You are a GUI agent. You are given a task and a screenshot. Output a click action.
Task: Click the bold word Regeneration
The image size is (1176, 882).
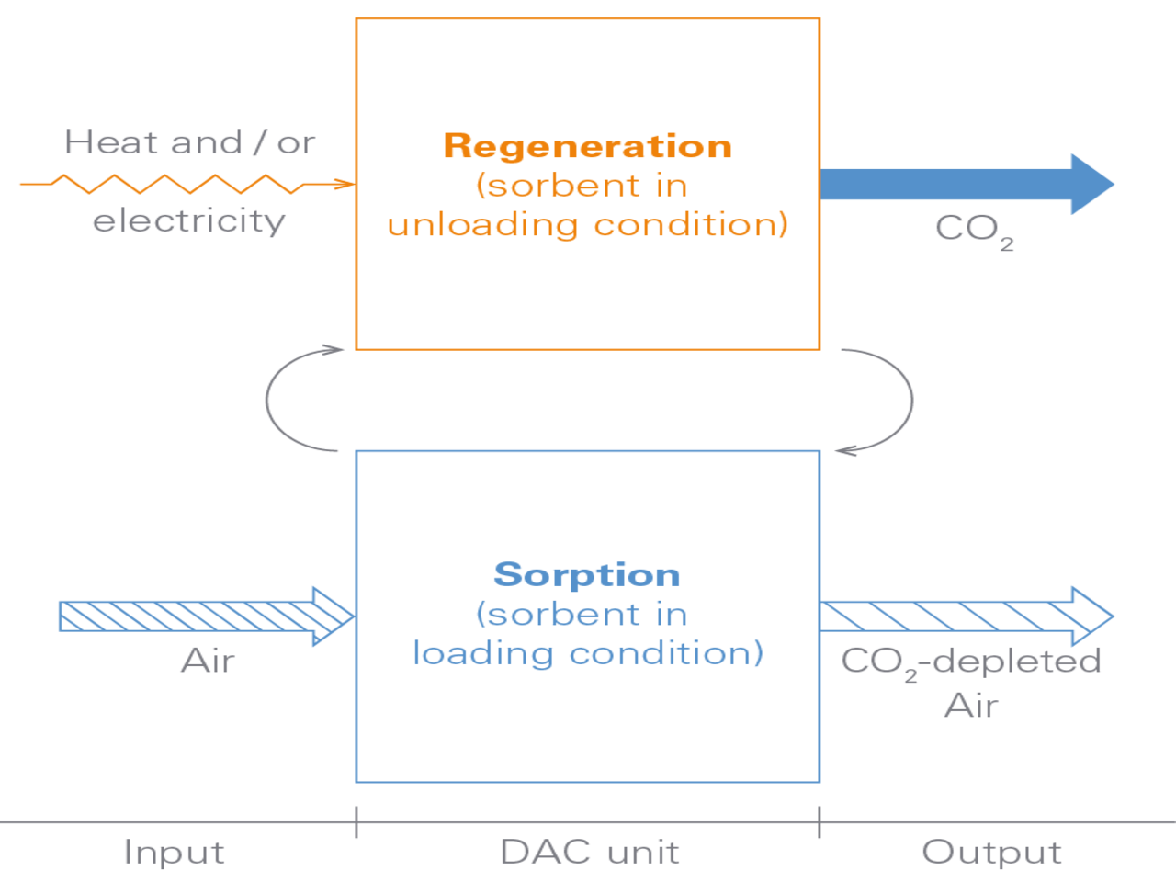click(587, 147)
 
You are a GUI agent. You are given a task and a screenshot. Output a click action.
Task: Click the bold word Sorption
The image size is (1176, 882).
click(587, 575)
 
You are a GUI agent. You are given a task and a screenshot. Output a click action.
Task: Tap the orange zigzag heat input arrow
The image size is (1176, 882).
click(184, 184)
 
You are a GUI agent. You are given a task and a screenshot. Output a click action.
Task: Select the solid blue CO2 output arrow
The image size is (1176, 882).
click(965, 184)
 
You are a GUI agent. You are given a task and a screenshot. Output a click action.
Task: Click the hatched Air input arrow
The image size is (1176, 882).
click(202, 616)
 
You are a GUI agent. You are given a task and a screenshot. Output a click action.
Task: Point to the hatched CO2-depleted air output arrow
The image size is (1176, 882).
click(965, 616)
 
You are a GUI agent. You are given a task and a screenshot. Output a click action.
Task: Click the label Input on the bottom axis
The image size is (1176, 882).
click(174, 853)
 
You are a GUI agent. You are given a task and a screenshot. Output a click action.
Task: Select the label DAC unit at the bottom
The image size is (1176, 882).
click(590, 853)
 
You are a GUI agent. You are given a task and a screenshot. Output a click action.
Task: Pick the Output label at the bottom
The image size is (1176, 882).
click(991, 853)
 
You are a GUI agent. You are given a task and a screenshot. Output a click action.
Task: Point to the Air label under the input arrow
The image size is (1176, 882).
click(209, 661)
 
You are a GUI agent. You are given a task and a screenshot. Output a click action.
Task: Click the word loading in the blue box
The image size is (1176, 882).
click(483, 654)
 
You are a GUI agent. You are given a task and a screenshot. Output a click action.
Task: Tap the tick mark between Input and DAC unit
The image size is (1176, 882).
click(356, 821)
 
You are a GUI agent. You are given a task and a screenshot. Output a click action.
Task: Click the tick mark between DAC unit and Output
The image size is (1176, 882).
click(820, 821)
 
